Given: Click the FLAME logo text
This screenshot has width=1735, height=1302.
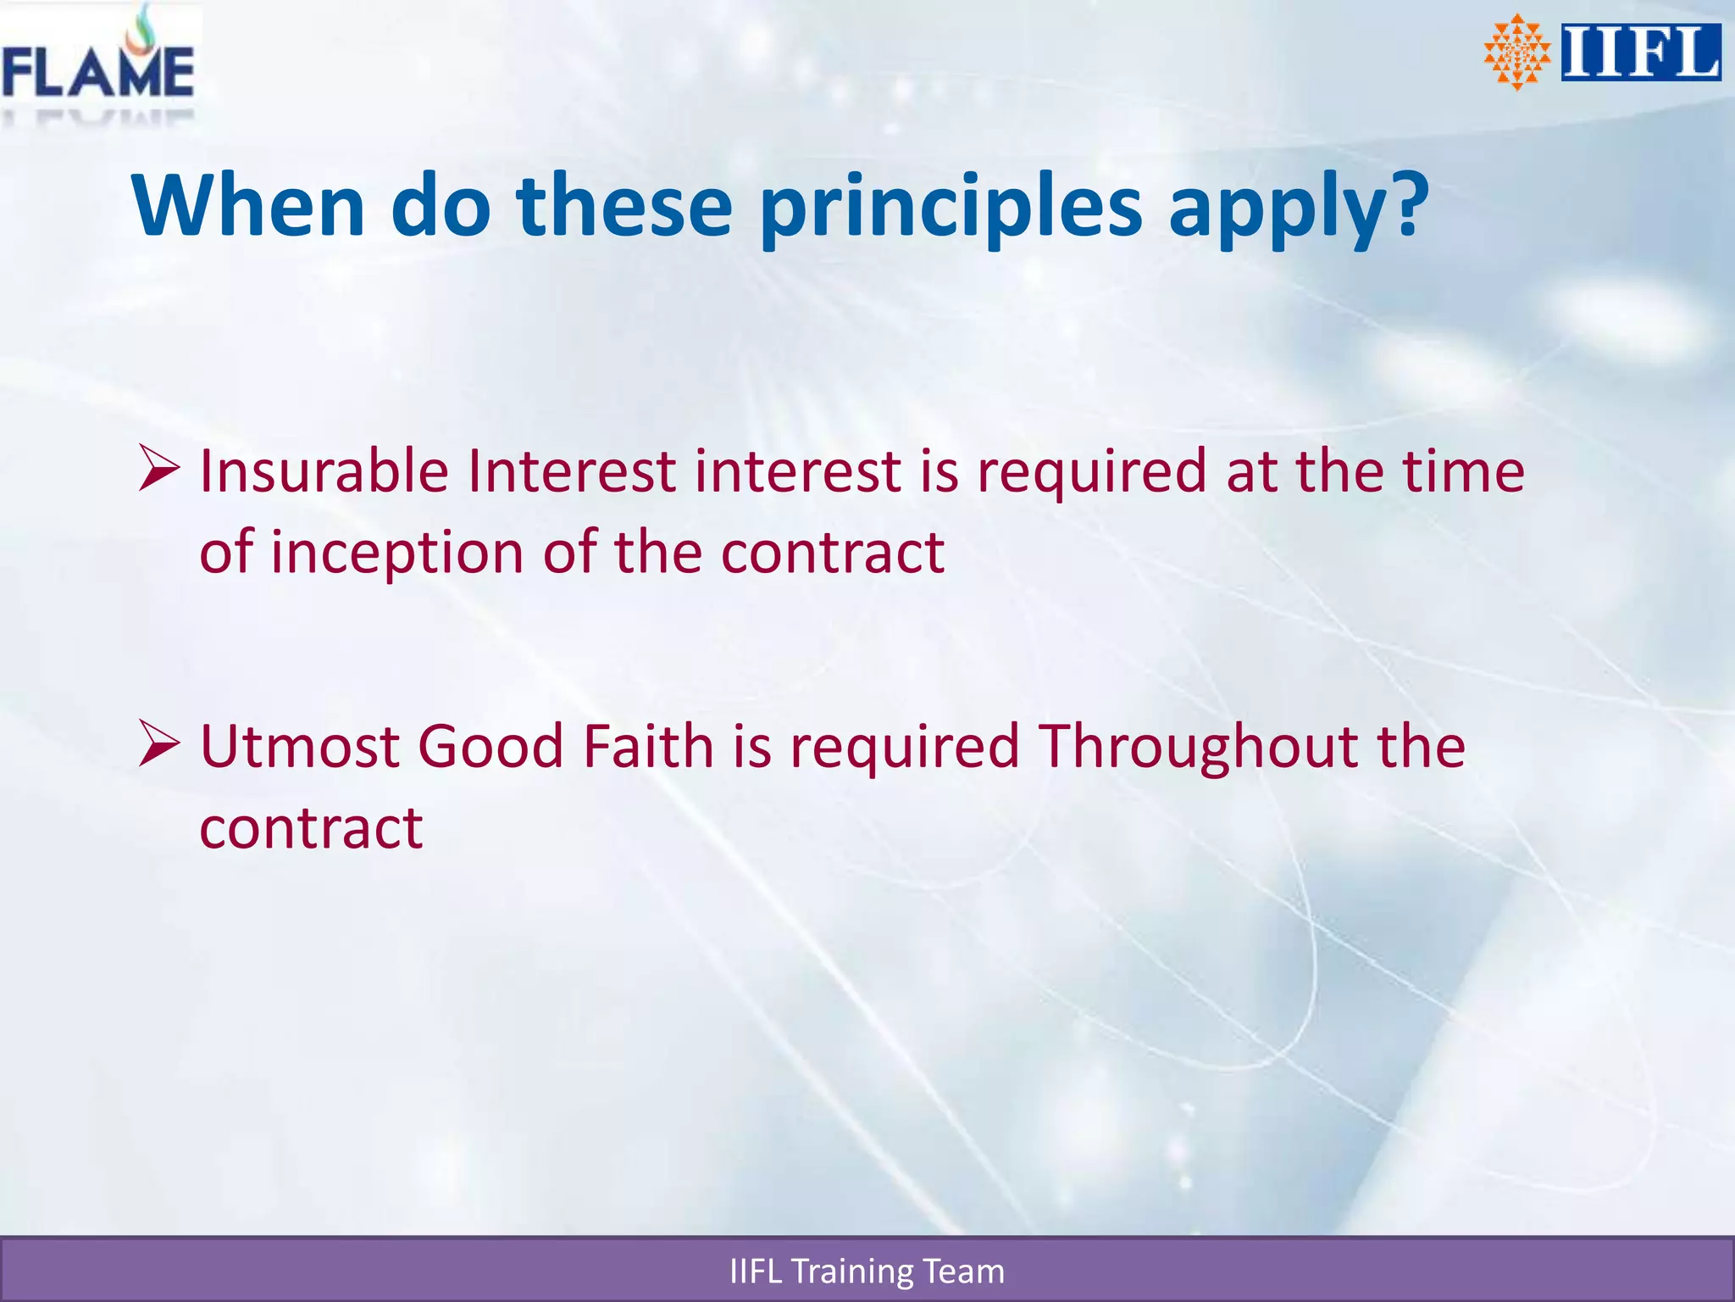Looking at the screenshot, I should point(97,72).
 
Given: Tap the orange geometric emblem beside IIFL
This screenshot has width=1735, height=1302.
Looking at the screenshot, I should point(1516,53).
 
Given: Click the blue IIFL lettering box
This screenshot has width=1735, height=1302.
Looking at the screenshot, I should point(1641,53).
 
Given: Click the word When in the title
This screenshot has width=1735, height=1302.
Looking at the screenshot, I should point(248,206).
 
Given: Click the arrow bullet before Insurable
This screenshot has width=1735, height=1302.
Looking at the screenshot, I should point(159,471).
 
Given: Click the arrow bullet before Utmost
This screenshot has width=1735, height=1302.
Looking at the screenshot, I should point(159,743).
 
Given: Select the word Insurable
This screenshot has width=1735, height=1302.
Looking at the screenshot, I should point(324,471).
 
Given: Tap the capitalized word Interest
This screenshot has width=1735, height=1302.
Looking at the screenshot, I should point(572,471).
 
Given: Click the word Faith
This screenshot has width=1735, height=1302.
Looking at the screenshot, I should point(648,746).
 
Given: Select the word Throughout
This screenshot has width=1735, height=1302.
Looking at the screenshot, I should point(1198,746).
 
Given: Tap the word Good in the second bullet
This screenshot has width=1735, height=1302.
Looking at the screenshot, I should point(491,746).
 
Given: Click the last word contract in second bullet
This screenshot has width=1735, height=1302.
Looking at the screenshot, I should point(311,828).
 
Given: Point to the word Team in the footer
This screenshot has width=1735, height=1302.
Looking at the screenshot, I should point(963,1271).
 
